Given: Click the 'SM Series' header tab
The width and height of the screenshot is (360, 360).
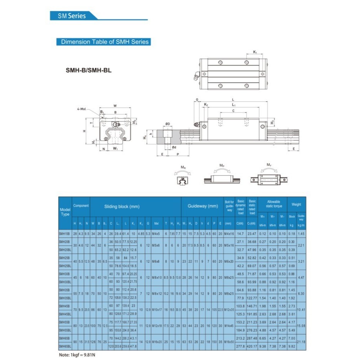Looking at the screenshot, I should (72, 16).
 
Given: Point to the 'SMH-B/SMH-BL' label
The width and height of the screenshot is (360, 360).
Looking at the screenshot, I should (88, 71).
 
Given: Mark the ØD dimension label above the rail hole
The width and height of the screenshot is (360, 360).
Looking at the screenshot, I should (167, 124).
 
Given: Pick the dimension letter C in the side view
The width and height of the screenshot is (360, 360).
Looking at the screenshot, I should (233, 111).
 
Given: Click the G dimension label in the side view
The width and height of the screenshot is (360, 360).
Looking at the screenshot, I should (197, 100).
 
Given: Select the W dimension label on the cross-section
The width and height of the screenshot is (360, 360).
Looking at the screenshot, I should (115, 105).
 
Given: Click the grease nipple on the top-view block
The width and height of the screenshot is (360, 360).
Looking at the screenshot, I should (196, 76).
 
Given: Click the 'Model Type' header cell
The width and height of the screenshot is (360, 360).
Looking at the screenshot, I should (65, 212).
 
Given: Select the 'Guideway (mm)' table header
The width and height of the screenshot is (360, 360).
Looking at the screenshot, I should (203, 206).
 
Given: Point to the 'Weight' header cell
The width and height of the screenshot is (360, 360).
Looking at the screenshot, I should (296, 205).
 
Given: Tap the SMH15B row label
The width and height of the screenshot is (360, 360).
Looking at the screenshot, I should (65, 234).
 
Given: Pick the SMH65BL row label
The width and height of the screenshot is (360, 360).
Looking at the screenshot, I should (65, 346).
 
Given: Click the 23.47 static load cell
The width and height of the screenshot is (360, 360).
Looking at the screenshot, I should (252, 234).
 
